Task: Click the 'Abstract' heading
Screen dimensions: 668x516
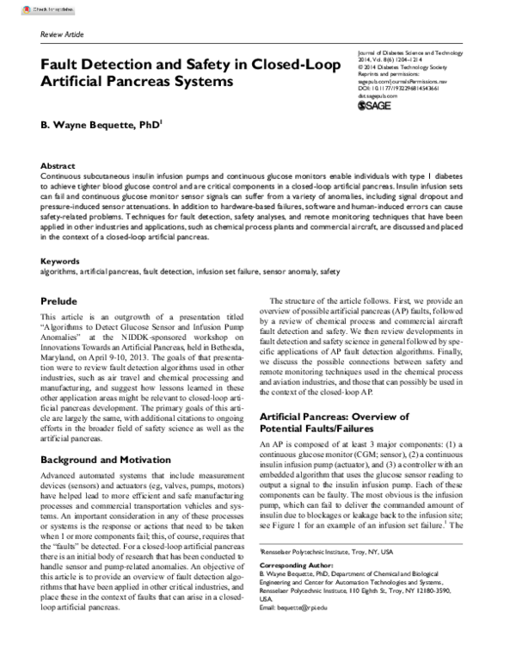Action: pyautogui.click(x=58, y=164)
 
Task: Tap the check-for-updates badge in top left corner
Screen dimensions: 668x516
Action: pyautogui.click(x=27, y=8)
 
